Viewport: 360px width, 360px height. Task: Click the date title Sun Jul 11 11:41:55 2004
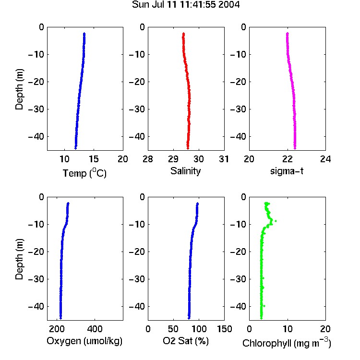(x=186, y=4)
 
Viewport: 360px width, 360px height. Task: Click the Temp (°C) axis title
(x=84, y=173)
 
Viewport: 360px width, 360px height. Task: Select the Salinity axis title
(x=185, y=171)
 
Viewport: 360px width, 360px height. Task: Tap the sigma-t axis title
(x=287, y=171)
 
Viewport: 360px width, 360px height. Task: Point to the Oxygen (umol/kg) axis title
(x=84, y=341)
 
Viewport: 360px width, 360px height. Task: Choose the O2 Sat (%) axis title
(x=186, y=341)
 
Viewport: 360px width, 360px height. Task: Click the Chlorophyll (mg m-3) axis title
(x=287, y=343)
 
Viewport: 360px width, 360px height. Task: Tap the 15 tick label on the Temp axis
(x=94, y=159)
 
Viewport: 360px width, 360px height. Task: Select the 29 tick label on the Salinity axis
(x=173, y=159)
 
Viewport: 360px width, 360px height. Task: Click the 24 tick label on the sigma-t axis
(x=325, y=159)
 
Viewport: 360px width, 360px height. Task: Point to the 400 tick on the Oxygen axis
(x=95, y=329)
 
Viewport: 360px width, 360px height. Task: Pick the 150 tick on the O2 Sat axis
(x=224, y=329)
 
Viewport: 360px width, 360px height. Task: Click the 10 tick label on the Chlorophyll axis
(x=288, y=329)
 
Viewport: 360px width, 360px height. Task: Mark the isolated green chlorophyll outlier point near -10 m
(x=276, y=221)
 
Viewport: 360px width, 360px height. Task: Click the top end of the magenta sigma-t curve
(x=287, y=34)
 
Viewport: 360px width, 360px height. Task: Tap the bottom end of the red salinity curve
(x=188, y=148)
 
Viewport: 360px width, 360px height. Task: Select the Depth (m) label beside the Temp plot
(x=19, y=89)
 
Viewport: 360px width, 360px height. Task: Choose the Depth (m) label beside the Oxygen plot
(x=19, y=259)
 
